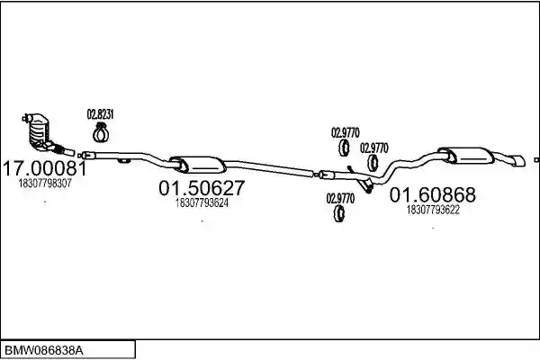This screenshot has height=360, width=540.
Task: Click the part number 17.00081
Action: [x=45, y=168]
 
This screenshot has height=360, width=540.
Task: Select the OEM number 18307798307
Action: [x=45, y=184]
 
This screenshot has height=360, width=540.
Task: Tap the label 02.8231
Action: [x=100, y=114]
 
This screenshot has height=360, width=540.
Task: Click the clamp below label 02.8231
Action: [x=101, y=132]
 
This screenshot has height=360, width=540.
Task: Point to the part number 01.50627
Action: [x=202, y=188]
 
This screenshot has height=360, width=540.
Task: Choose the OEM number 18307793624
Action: [x=202, y=202]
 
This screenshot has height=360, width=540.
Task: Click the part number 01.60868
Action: [x=433, y=194]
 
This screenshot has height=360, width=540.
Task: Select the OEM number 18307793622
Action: [x=433, y=210]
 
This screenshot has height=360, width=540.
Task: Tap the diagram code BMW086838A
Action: [x=44, y=351]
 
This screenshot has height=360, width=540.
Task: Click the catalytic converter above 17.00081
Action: [x=38, y=130]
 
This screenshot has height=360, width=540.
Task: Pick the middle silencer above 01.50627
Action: [x=198, y=165]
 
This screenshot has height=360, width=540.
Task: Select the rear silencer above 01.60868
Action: [x=466, y=156]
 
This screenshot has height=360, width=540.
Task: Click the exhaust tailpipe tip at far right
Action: [x=518, y=161]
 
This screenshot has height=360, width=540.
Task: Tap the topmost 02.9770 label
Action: [x=346, y=132]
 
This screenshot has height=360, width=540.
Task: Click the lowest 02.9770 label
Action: [x=340, y=198]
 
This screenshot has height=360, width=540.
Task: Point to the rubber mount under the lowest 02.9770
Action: [x=339, y=213]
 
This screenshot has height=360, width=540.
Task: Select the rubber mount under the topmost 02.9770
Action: [x=344, y=148]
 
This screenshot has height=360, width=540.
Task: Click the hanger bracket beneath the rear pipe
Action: [x=365, y=185]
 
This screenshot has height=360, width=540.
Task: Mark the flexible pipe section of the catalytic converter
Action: [x=59, y=149]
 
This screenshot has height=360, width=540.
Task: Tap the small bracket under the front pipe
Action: [x=123, y=160]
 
